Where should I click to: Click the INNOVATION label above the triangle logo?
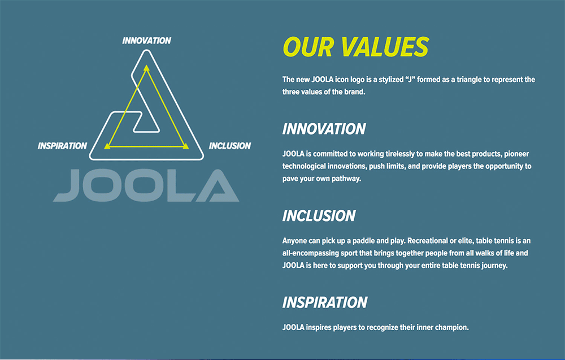147,41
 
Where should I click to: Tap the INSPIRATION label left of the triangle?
62,146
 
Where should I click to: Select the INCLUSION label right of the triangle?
230,146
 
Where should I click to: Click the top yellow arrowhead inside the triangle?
146,68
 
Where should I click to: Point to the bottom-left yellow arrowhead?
107,146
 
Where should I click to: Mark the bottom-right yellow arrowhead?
185,146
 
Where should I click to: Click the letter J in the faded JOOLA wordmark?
67,185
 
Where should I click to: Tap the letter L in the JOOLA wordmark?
181,185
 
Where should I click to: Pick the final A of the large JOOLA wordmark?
219,185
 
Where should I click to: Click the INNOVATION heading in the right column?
324,129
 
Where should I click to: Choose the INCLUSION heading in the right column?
319,216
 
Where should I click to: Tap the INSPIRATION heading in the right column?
325,302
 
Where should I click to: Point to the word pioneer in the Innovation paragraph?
517,154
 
